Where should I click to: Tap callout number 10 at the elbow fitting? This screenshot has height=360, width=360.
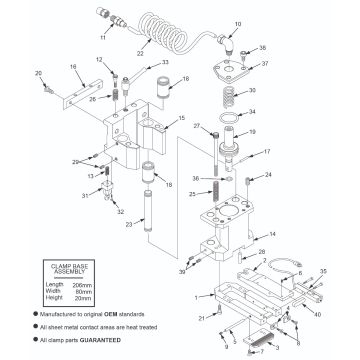point(238,23)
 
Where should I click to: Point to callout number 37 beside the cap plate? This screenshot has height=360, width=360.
point(265,63)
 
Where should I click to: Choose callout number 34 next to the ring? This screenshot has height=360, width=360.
point(253,112)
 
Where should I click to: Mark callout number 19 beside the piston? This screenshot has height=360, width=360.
point(251,131)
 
